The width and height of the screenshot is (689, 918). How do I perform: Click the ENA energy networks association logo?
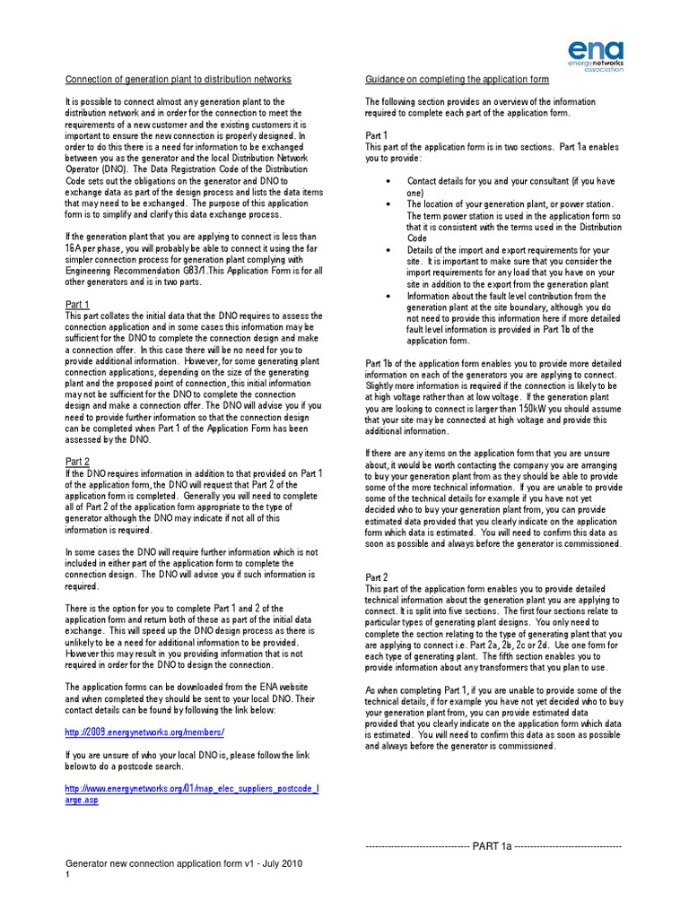(594, 56)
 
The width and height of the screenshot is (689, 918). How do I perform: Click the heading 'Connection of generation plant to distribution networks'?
(178, 80)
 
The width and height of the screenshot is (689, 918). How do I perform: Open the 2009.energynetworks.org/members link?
(138, 732)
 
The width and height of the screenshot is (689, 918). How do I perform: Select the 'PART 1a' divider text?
(493, 845)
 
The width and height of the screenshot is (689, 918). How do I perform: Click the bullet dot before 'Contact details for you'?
(387, 181)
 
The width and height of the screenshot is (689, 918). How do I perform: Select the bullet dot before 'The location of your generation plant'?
(387, 204)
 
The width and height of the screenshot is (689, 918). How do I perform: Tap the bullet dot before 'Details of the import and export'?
(387, 249)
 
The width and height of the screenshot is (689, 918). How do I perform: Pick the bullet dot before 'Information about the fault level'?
(387, 295)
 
